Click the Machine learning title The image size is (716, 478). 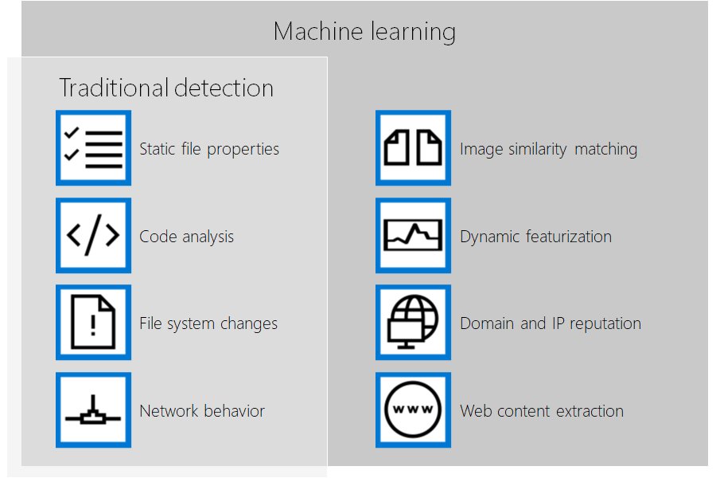point(364,32)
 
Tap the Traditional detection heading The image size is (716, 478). point(166,88)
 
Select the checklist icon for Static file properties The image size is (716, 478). point(93,148)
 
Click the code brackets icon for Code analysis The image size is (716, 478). point(93,236)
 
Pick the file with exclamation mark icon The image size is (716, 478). point(93,323)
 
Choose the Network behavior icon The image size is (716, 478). point(93,410)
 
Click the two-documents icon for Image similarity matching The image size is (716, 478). point(413,148)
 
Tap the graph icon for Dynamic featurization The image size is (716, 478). point(413,236)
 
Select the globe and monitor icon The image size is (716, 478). point(413,323)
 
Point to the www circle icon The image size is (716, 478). point(413,410)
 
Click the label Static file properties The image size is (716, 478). point(209,149)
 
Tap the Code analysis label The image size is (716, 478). point(186,237)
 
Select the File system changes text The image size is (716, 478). point(208,323)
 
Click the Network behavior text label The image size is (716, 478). point(202,411)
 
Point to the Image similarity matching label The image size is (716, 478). point(548,149)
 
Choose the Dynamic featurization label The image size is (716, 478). point(535,237)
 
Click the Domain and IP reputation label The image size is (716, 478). point(550,323)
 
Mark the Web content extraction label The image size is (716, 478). point(541,411)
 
